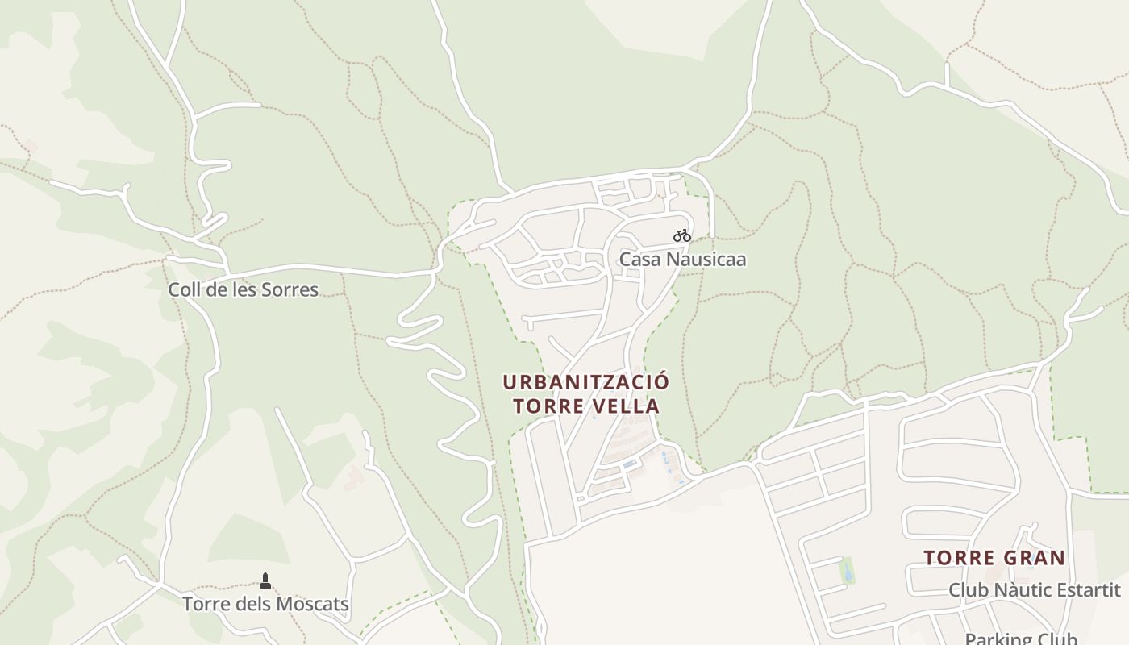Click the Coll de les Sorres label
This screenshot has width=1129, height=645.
coord(243,289)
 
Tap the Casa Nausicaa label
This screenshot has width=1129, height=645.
coord(682,260)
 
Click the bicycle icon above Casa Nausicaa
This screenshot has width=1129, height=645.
coord(682,235)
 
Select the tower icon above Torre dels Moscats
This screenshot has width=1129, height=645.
coord(265,580)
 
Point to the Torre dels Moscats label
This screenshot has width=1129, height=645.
coord(265,604)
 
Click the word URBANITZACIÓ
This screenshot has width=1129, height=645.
coord(586,381)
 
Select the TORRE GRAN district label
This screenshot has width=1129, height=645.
coord(994,557)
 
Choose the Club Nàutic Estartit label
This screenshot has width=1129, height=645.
coord(1034,589)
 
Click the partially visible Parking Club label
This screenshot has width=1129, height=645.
coord(1021,639)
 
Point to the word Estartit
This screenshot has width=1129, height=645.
coord(1090,589)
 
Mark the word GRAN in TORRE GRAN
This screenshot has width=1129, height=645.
coord(1035,557)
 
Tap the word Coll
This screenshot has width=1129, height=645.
coord(185,289)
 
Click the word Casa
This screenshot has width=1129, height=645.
coord(636,260)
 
